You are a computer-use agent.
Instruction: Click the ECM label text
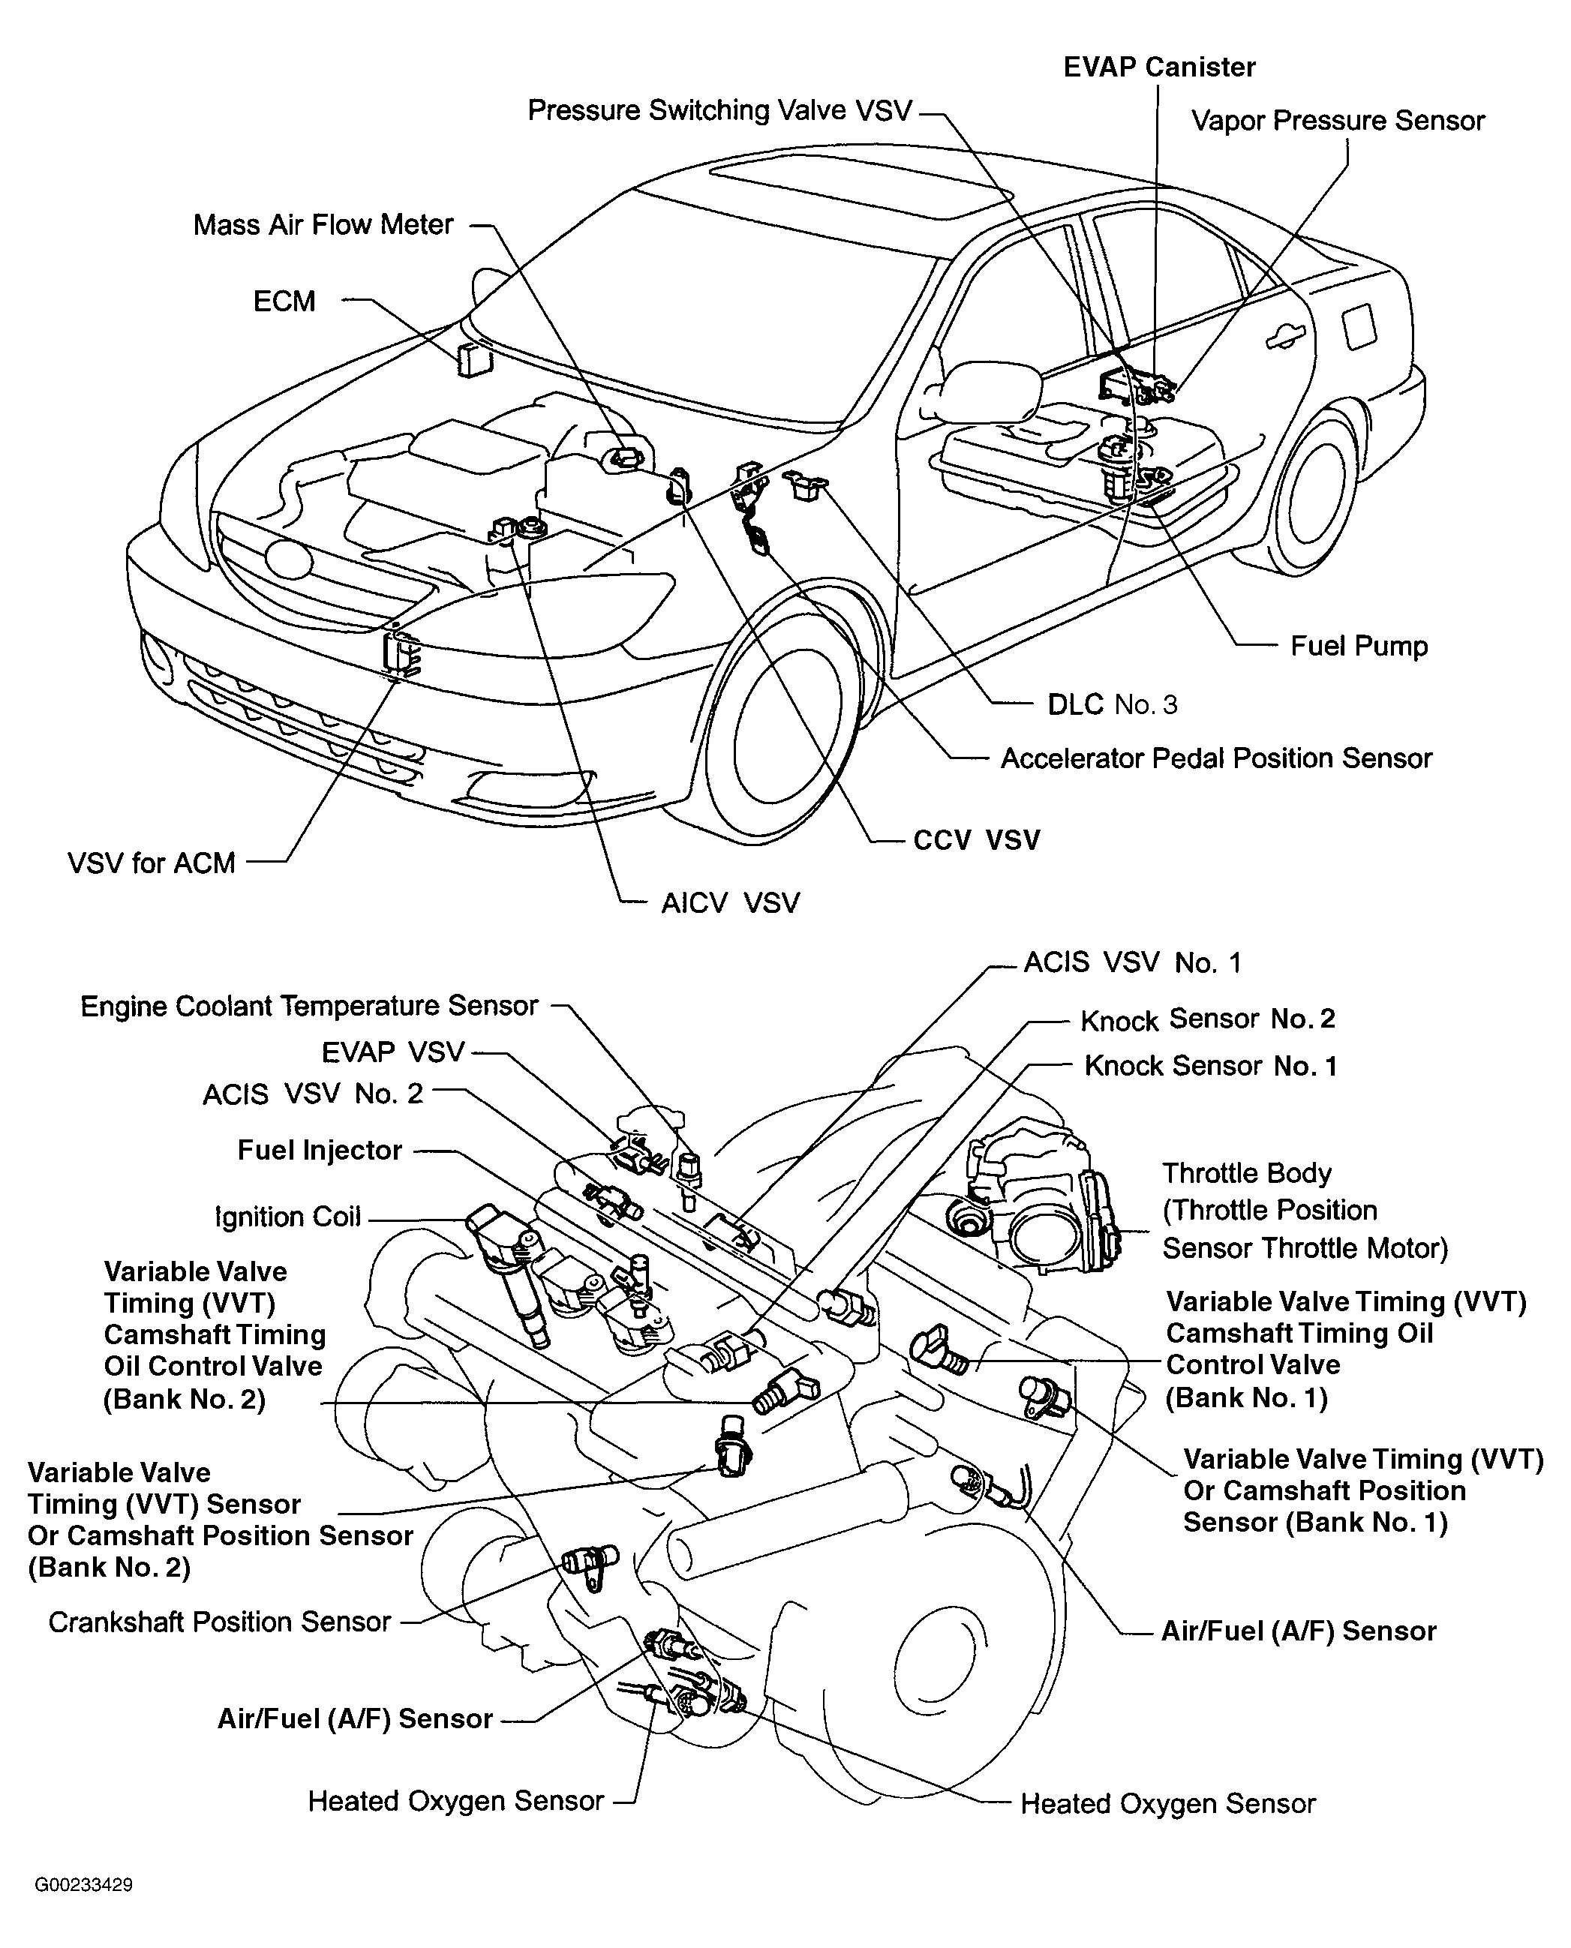pos(284,302)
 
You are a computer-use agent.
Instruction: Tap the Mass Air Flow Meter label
pos(323,224)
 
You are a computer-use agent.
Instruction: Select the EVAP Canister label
pos(1158,67)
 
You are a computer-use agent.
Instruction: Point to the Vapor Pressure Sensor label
pos(1338,122)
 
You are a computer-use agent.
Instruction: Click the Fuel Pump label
pos(1359,646)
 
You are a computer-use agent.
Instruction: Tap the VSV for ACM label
pos(151,863)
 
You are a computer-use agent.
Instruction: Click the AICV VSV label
pos(730,903)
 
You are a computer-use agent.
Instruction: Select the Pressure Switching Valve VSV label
pos(719,110)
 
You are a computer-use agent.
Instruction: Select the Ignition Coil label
pos(288,1217)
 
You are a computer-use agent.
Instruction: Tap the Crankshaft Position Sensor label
pos(219,1622)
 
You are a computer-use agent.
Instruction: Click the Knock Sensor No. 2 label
pos(1207,1019)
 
